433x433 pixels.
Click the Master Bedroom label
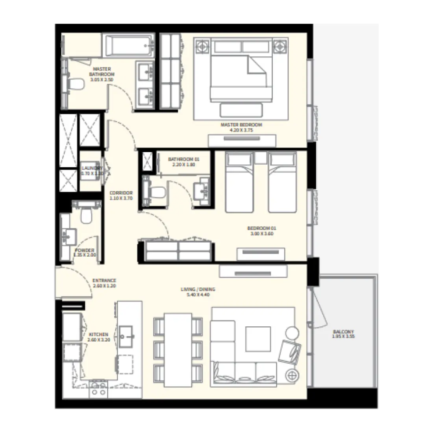[241, 125]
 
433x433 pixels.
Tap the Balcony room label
[343, 331]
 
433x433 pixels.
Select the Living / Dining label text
[198, 289]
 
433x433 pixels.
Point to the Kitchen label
[98, 334]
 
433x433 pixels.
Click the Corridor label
[121, 193]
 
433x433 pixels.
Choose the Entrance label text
[104, 281]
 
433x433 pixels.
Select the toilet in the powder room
[85, 215]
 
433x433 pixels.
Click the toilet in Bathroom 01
[156, 192]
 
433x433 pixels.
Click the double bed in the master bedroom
[241, 71]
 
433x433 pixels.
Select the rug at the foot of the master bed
[241, 109]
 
